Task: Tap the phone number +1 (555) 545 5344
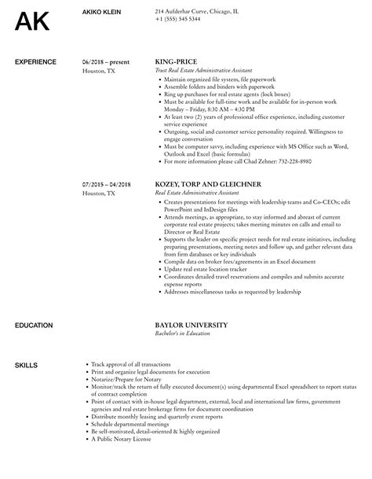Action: (x=177, y=18)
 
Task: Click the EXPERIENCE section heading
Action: (x=35, y=61)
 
